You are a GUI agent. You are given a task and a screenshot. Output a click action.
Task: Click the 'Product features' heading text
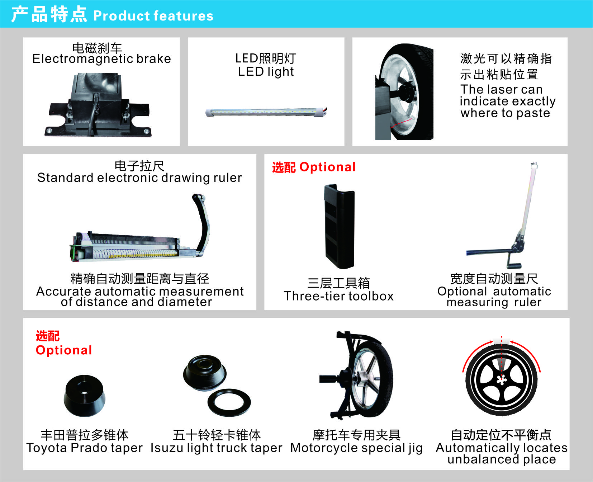click(153, 16)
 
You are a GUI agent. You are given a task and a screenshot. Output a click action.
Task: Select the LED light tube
click(266, 112)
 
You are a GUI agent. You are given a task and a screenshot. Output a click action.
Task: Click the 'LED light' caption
click(266, 72)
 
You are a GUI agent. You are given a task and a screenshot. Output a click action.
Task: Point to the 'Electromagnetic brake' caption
click(101, 58)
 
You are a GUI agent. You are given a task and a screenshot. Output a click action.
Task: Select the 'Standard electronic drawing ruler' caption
click(139, 178)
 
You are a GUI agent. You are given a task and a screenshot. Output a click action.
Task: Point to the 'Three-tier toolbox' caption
click(338, 296)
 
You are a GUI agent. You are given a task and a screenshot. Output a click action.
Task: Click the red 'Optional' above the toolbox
click(327, 167)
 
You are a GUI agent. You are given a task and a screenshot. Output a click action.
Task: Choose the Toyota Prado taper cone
click(85, 396)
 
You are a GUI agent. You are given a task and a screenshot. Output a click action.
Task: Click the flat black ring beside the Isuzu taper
click(229, 402)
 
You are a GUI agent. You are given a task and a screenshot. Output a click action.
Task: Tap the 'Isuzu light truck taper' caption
click(216, 448)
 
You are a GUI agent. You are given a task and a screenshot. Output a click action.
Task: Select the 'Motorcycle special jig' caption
click(356, 448)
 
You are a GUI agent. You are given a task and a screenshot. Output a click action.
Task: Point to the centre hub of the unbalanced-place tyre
click(502, 380)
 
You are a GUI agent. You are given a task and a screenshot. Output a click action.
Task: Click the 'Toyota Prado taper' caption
click(84, 448)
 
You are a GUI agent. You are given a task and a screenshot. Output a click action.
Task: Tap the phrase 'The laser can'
click(502, 89)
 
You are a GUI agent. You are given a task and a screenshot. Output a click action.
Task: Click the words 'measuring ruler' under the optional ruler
click(494, 302)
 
